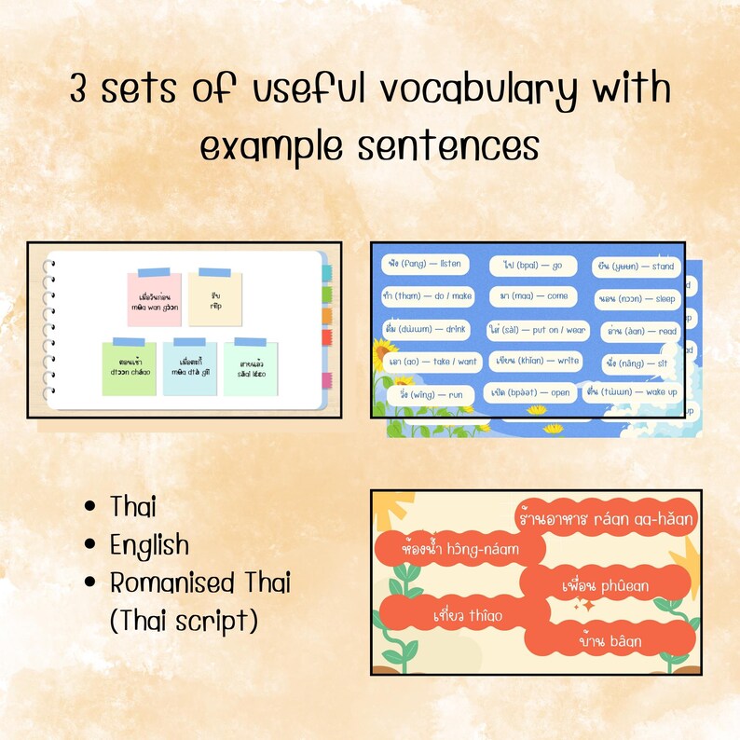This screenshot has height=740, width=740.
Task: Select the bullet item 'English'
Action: click(x=149, y=544)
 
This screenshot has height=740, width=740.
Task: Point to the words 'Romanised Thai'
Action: click(x=200, y=582)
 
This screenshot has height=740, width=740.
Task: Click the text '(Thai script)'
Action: click(x=183, y=620)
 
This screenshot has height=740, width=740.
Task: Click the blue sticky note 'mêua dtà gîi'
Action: click(x=190, y=368)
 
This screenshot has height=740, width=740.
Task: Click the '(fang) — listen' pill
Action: click(x=422, y=265)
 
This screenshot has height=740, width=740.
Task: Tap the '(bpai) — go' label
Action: click(x=528, y=266)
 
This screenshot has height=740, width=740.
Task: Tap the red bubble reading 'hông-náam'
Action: click(x=458, y=549)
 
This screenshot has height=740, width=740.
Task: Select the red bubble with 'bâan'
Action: click(x=610, y=640)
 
